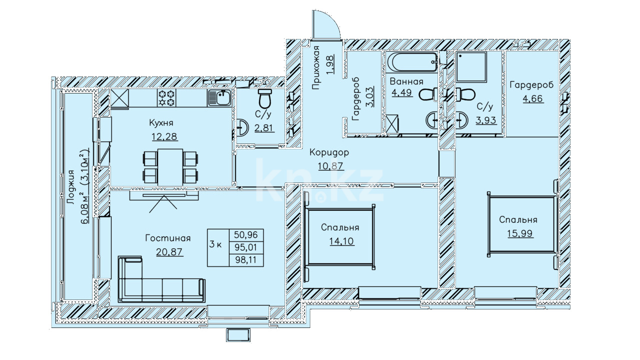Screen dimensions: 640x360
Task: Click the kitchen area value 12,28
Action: [164, 136]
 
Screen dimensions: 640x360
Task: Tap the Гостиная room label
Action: [168, 238]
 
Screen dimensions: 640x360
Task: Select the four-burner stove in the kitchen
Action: [166, 97]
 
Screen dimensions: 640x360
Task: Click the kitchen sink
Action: [219, 98]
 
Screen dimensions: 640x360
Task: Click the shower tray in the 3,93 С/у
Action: [471, 67]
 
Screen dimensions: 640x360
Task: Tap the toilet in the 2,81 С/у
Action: [265, 98]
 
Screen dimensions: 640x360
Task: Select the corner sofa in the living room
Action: [161, 279]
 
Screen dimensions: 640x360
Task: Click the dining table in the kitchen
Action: [170, 167]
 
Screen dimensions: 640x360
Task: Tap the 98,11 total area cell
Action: [246, 259]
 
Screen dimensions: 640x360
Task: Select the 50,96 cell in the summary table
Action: [246, 235]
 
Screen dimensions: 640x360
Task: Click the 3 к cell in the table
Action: [218, 247]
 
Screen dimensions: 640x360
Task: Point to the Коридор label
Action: [329, 152]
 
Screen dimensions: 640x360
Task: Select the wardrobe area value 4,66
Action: [532, 98]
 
